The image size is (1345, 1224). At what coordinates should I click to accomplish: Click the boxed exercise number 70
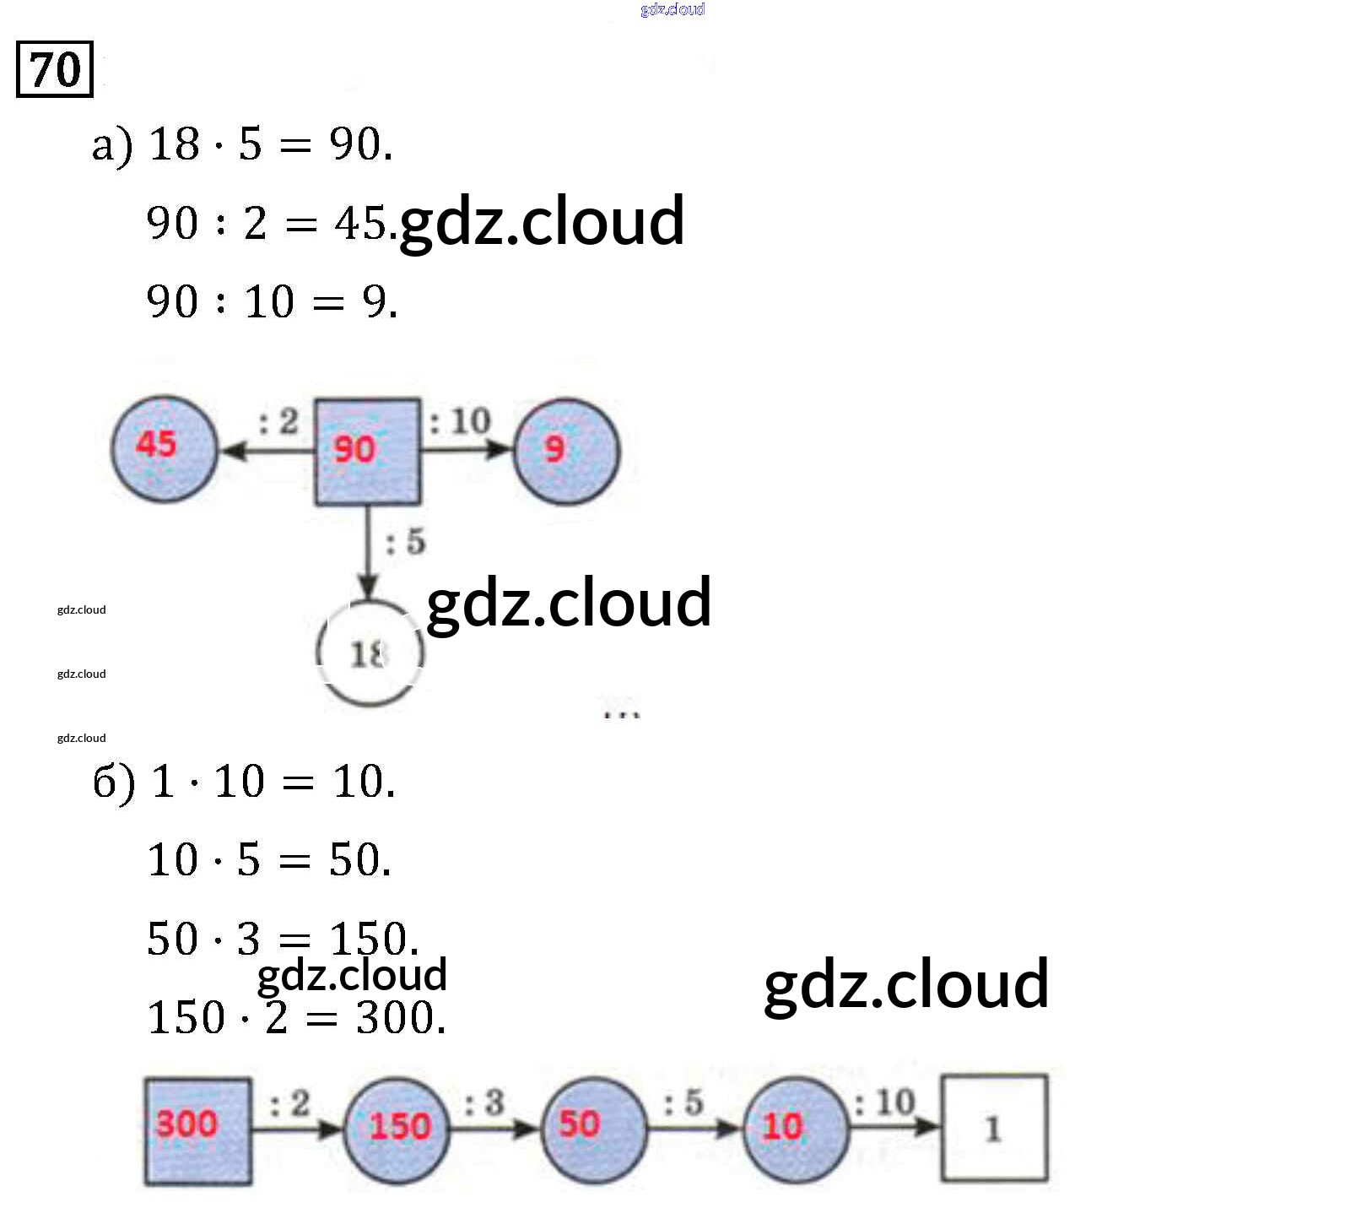55,69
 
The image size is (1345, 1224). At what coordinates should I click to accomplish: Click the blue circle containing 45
165,448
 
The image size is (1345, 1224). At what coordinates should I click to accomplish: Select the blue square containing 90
367,452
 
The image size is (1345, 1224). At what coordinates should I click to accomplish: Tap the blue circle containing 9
566,452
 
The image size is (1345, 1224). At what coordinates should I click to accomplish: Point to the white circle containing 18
369,653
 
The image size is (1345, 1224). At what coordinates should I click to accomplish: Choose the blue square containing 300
197,1130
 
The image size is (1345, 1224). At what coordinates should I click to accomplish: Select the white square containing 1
994,1128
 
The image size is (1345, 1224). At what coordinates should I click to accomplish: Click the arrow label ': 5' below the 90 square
406,542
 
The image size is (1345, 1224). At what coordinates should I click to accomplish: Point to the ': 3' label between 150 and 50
484,1102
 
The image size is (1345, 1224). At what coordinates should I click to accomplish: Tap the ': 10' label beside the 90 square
460,420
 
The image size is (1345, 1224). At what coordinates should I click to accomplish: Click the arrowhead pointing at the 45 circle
232,451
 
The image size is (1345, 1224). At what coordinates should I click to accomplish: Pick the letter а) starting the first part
111,146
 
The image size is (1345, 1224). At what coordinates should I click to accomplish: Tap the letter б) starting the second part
114,782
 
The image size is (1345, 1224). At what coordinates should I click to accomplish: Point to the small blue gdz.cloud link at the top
672,9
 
